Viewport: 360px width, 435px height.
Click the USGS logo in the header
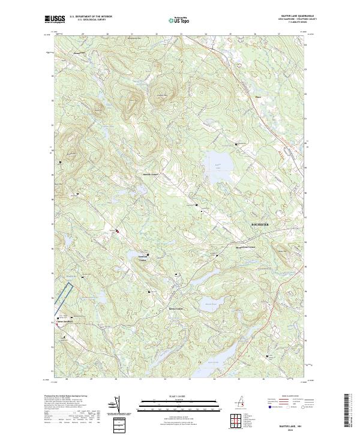click(x=56, y=19)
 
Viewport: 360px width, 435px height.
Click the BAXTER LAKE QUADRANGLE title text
click(x=298, y=16)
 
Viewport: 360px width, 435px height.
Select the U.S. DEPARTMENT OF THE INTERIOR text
click(x=91, y=16)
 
